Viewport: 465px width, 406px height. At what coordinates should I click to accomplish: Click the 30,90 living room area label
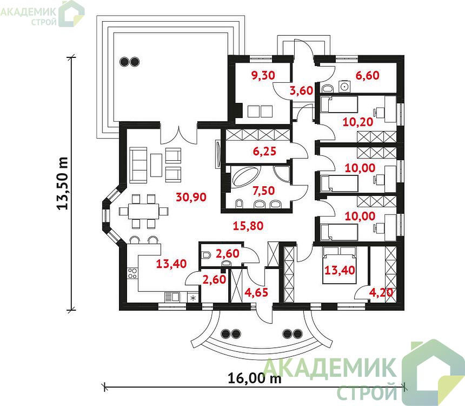coord(191,197)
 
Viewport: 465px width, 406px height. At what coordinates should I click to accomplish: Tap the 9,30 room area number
coord(263,75)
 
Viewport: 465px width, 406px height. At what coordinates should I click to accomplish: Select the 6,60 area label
coord(368,75)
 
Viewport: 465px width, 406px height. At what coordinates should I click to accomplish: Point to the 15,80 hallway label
coord(248,226)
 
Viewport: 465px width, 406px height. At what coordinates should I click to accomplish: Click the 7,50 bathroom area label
coord(264,191)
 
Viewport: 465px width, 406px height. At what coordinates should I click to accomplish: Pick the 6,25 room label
coord(264,152)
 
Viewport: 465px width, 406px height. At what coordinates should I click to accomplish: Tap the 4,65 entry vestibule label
coord(256,292)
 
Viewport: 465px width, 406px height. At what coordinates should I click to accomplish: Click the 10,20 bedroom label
coord(357,122)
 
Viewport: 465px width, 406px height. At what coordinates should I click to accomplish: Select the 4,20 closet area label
coord(381,292)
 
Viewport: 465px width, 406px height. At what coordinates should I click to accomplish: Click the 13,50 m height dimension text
coord(63,184)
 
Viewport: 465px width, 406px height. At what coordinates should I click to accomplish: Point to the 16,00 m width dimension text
coord(255,378)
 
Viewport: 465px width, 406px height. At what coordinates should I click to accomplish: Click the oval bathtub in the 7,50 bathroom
coord(246,177)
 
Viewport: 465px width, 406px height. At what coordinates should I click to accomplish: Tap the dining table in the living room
coord(144,212)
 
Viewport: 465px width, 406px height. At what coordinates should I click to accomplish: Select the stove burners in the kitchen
coord(132,273)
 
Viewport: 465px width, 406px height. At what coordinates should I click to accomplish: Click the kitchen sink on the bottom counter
coord(172,297)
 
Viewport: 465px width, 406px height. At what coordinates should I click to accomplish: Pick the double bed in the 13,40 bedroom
coord(339,265)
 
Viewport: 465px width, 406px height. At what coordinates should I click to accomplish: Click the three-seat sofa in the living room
coord(138,165)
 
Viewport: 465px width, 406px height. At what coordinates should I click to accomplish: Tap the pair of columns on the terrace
coord(129,62)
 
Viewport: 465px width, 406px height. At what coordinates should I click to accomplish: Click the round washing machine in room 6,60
coord(344,87)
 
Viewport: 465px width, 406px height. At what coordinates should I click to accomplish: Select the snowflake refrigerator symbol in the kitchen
coord(193,298)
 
